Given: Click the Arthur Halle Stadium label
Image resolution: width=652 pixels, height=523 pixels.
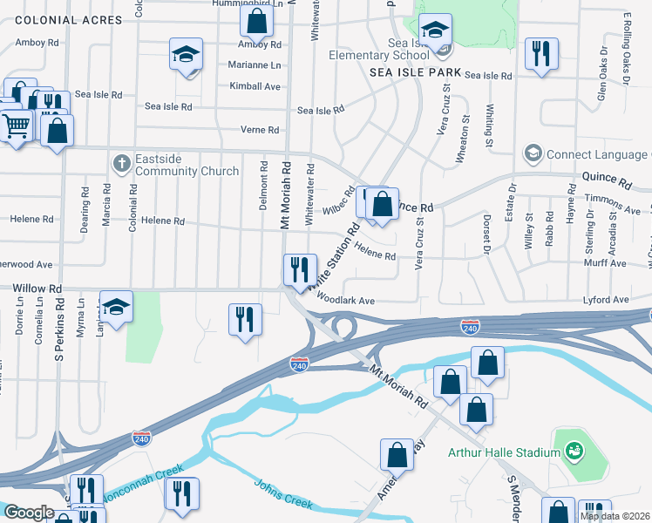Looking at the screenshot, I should [x=503, y=452].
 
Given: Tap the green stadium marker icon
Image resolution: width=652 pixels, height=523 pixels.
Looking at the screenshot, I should [x=574, y=451].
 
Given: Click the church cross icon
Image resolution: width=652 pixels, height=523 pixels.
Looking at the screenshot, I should [x=121, y=163].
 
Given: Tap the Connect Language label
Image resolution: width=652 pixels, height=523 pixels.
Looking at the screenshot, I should [x=598, y=154].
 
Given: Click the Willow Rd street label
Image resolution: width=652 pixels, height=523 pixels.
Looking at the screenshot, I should [x=37, y=288].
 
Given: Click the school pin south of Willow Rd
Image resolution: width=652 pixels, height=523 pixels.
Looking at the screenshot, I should [x=116, y=307].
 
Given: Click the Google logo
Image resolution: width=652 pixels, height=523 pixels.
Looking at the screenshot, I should [x=29, y=512].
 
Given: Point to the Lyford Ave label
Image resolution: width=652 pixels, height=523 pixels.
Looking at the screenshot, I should [x=608, y=300].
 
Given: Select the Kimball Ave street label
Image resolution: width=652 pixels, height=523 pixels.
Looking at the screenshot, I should [x=255, y=86].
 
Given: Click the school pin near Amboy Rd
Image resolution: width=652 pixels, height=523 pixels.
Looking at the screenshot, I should [x=186, y=54].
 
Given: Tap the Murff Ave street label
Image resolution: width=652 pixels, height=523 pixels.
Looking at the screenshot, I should [x=607, y=263].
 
